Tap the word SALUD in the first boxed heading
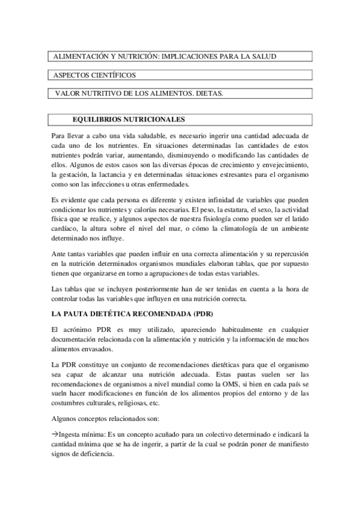[x=263, y=56]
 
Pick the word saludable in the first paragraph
[x=157, y=136]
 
